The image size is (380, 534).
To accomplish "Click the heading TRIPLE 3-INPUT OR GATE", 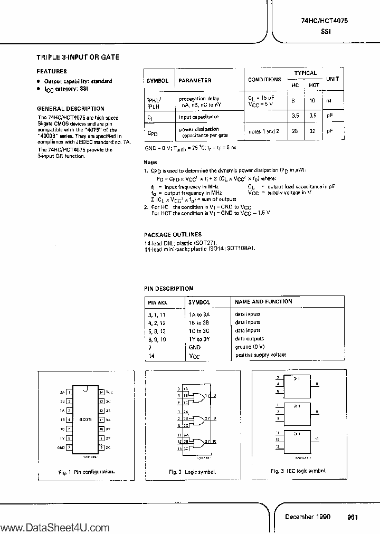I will coord(78,57).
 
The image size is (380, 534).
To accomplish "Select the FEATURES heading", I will coord(51,71).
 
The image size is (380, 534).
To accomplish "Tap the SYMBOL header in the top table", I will coord(157,80).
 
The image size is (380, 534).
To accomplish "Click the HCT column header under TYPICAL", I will coord(314,85).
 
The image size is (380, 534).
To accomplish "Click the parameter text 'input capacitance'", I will coord(198,117).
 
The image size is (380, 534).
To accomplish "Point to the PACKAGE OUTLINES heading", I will coord(173,234).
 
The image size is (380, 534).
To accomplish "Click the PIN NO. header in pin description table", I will coord(157,302).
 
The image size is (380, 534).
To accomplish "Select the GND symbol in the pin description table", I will coord(194,347).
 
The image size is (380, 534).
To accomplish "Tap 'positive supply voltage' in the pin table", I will coord(260,355).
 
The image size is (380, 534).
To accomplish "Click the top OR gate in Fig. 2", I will coord(199,397).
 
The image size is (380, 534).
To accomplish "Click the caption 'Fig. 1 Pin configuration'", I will coord(87,471).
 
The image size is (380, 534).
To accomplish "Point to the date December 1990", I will coord(308,517).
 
